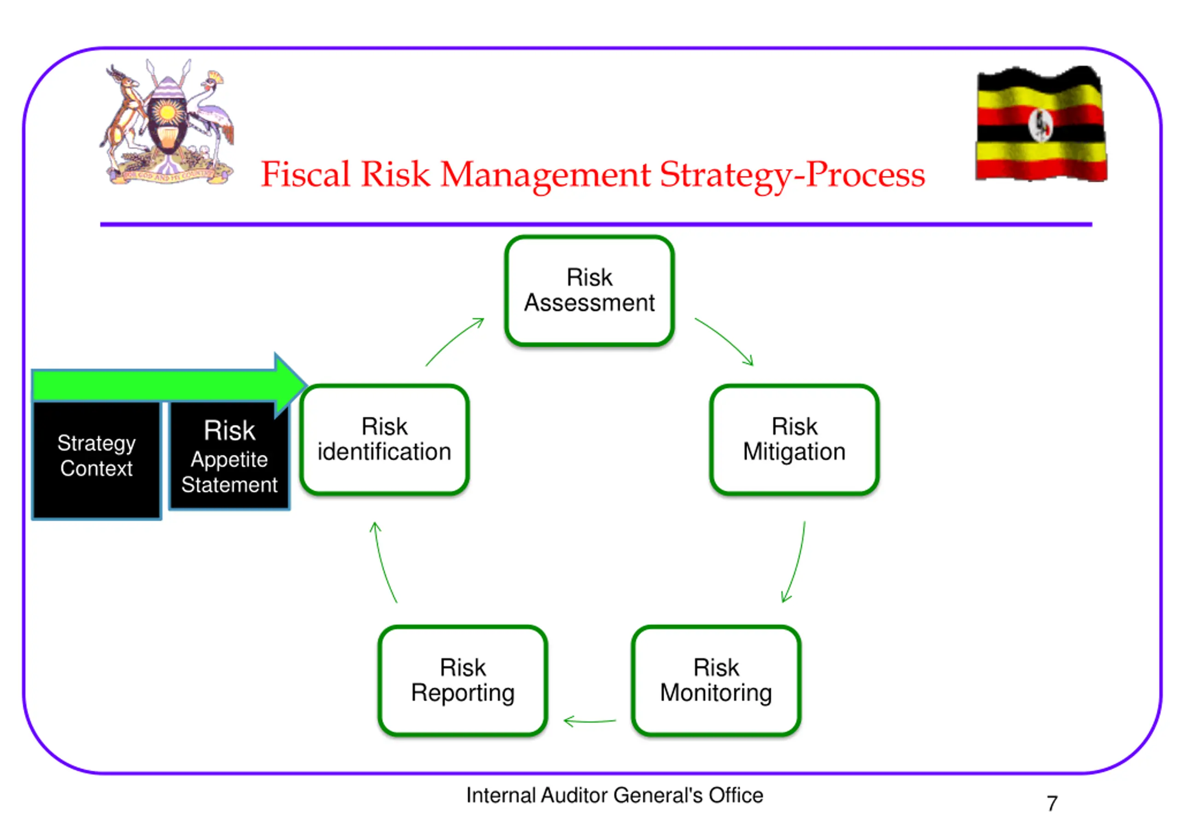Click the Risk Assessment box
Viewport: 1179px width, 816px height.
click(x=589, y=291)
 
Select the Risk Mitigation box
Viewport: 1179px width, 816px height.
click(x=794, y=440)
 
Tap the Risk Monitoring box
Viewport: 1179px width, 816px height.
click(x=716, y=681)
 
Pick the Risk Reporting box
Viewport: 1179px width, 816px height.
click(x=463, y=681)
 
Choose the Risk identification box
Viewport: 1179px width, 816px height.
click(x=385, y=440)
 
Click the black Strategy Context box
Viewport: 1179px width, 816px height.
click(x=96, y=460)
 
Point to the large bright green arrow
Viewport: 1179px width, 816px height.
click(x=169, y=385)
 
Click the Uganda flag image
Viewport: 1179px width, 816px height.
click(x=1040, y=124)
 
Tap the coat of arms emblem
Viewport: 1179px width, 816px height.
click(x=167, y=122)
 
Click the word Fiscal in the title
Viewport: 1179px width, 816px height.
click(x=305, y=175)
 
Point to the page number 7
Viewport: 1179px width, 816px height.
click(x=1052, y=803)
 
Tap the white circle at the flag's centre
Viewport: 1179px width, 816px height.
click(x=1040, y=125)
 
